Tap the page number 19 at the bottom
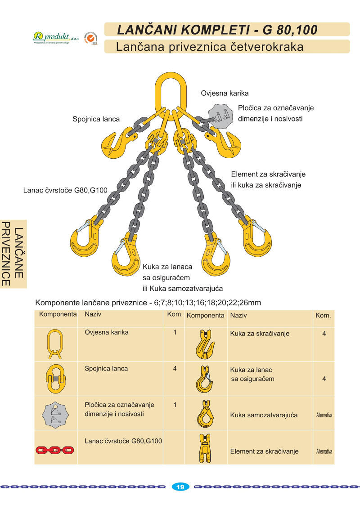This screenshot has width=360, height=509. point(180,487)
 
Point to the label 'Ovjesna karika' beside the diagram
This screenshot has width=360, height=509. point(225,94)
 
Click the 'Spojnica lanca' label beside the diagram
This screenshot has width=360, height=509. point(96,119)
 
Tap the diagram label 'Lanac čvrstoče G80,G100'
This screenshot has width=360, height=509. point(65,190)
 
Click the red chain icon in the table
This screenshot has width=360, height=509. point(55,450)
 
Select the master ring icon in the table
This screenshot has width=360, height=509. point(55,344)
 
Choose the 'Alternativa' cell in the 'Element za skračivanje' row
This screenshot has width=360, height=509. point(324,451)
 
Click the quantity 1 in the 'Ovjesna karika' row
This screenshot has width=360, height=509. point(175,333)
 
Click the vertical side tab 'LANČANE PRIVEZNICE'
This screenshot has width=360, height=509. point(13,254)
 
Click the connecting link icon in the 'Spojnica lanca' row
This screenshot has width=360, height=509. point(55,378)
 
